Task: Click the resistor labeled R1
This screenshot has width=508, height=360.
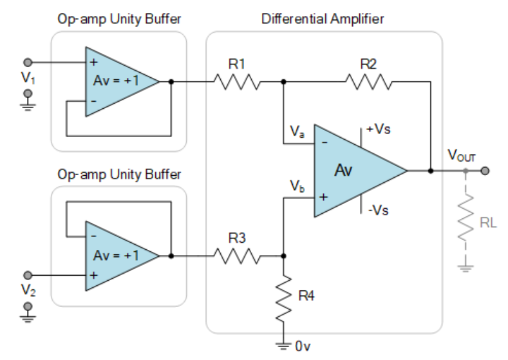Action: tap(237, 82)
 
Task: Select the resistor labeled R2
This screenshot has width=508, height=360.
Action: tap(368, 82)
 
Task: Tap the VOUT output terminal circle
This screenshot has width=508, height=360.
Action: tap(485, 171)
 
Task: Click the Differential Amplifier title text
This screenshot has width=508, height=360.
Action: tap(323, 19)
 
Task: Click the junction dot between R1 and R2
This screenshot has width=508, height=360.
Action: tap(283, 82)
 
